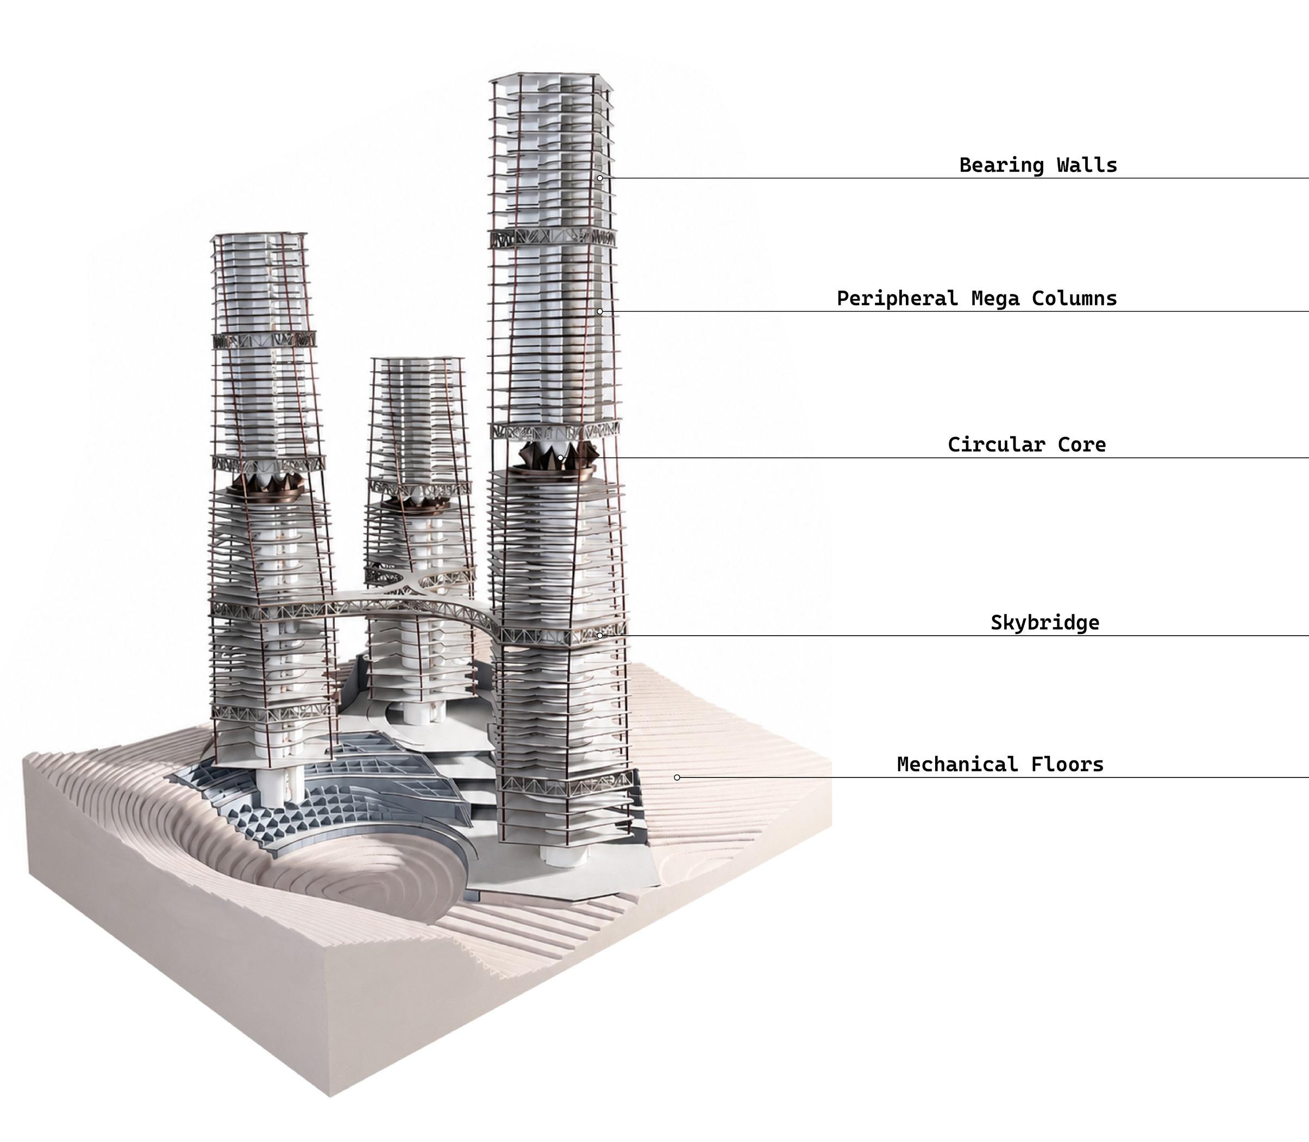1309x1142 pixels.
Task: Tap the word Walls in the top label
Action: (1087, 165)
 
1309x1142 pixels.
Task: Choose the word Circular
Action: (996, 445)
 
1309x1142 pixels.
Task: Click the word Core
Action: (1081, 445)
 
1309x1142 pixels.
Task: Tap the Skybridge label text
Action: (1045, 623)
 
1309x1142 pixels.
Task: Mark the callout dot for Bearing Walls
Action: (600, 178)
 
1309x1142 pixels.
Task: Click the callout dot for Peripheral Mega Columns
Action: (600, 312)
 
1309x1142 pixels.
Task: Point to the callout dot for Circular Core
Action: (560, 458)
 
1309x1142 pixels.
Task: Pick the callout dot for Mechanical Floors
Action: (677, 777)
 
